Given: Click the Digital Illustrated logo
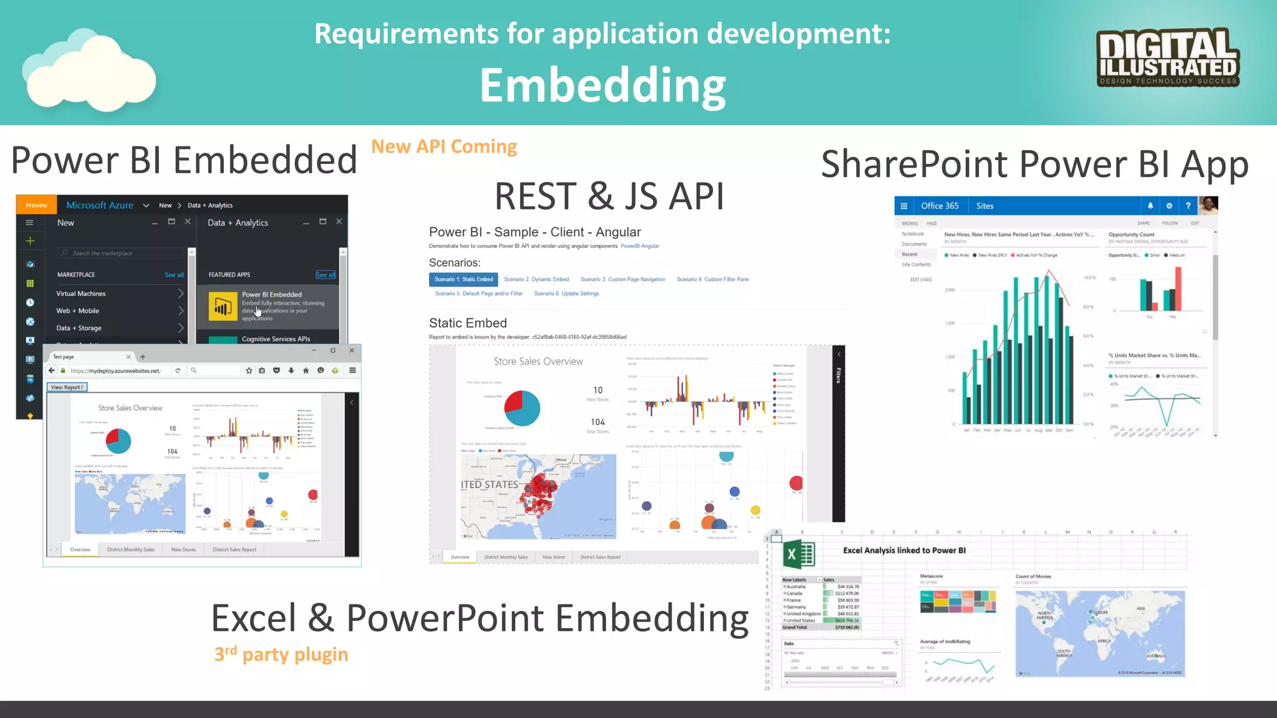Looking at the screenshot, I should coord(1168,57).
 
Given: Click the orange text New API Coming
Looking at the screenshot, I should coord(444,146).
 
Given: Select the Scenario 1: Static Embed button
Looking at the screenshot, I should coord(463,279).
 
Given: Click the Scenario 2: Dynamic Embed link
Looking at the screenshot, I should coord(536,279).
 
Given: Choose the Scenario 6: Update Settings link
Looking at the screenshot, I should coord(566,294).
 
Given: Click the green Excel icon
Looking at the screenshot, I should coord(799,554).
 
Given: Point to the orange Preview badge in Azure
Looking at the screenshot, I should coord(36,205).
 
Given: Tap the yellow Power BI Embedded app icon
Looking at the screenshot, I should coord(223,306).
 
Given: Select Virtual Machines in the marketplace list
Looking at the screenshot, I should coord(81,294).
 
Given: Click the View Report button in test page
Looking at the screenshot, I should coord(67,387).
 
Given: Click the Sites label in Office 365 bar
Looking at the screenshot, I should coord(985,206).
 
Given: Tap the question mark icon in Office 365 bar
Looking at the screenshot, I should coord(1188,206).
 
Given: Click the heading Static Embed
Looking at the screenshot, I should coord(468,323).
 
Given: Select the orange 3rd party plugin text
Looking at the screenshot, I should coord(281,654).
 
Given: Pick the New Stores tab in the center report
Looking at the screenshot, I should coord(554,557).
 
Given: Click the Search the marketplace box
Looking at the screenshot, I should coord(122,253).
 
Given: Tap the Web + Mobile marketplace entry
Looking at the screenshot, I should coord(78,310).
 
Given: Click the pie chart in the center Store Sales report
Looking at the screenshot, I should coord(522,408).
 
